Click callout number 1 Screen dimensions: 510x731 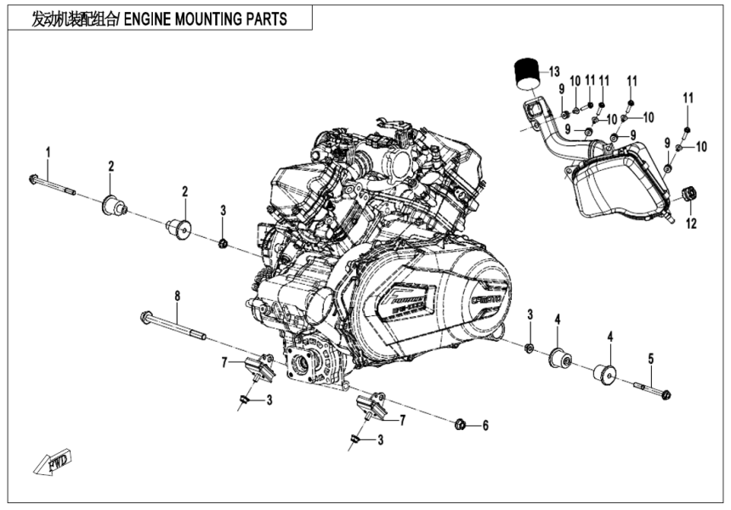48,152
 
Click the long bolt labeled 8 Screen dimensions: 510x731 173,327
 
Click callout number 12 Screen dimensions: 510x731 690,224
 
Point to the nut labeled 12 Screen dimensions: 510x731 689,195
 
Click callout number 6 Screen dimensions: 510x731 485,425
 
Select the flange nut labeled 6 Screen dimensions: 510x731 460,424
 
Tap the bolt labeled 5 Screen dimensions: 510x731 653,390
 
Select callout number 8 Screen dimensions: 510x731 177,296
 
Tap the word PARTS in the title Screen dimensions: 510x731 265,19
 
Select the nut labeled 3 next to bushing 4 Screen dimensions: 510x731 529,348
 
